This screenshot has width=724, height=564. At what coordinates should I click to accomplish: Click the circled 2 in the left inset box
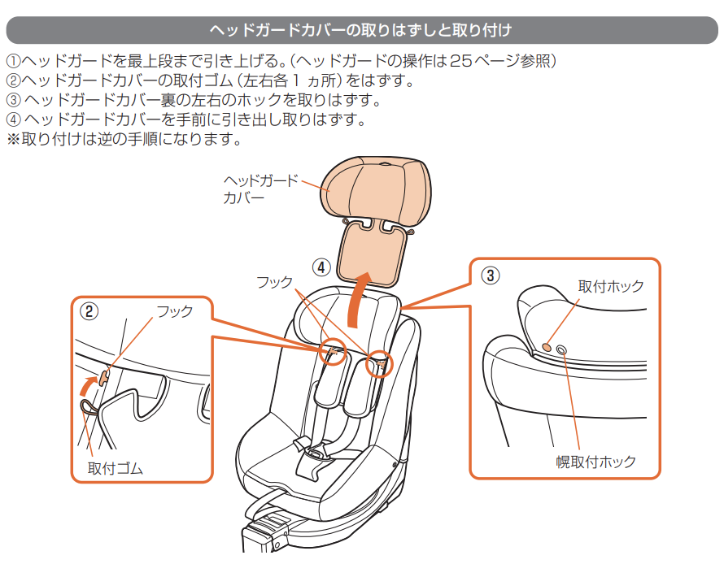89,310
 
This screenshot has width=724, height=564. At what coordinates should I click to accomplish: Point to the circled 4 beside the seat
322,267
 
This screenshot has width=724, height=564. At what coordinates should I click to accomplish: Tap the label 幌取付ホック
595,462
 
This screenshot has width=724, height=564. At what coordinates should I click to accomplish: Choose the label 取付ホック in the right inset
610,286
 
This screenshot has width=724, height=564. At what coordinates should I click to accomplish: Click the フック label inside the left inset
175,311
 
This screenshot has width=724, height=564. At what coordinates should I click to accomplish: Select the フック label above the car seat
274,282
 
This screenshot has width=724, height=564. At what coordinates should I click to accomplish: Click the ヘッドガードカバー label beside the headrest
260,189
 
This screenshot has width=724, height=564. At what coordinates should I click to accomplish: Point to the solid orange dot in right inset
547,346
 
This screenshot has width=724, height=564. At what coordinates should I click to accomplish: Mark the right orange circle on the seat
379,365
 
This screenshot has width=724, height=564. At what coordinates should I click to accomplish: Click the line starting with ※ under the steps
124,139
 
